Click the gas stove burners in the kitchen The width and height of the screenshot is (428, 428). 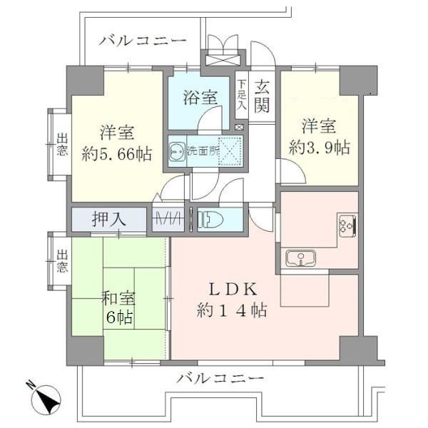tap(347, 226)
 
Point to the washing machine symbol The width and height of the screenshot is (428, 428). tap(176, 151)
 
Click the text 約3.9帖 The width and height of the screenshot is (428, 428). tap(319, 148)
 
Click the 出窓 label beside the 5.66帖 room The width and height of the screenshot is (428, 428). tap(63, 144)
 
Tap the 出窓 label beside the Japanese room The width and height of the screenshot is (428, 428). tap(63, 262)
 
